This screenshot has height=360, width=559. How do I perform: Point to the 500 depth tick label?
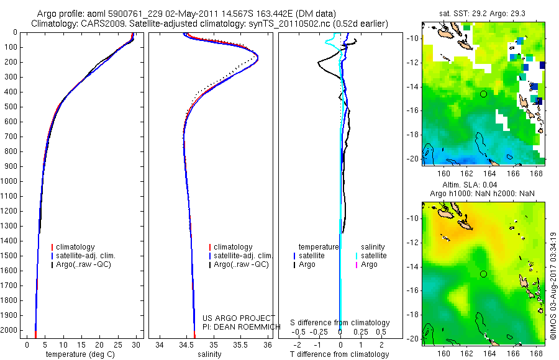coord(11,107)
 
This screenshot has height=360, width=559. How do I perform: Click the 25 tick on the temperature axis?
coord(117,345)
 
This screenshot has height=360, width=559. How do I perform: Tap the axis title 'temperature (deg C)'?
coord(80,354)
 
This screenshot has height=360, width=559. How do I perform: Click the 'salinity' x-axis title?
coord(210,354)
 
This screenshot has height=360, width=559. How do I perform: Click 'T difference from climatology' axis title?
coord(339,354)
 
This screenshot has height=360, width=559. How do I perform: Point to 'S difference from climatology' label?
coord(340,323)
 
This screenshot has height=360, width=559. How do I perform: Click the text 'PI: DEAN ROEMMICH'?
coord(242,327)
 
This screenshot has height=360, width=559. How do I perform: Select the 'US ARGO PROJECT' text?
coord(239,318)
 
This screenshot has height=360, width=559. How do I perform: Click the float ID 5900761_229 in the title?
coord(140,14)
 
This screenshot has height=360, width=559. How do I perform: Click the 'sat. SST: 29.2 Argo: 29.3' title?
coord(483,14)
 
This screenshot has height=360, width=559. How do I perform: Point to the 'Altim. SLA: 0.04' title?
coord(470,185)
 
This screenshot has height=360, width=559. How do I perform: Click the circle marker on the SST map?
coord(483,94)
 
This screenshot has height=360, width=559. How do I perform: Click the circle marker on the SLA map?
coord(483,274)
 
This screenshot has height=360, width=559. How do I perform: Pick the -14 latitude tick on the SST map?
coord(412,87)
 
